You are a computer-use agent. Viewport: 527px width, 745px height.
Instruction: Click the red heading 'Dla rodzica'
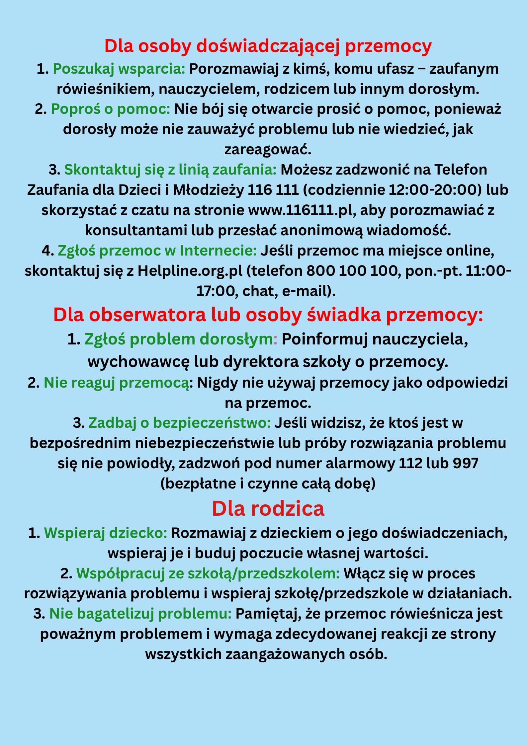[x=268, y=508]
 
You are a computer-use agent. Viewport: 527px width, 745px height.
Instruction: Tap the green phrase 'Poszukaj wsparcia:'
[x=119, y=69]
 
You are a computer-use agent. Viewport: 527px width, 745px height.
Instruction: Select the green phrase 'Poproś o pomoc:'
[x=110, y=109]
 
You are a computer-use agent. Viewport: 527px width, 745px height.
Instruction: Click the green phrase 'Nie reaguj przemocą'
[x=116, y=383]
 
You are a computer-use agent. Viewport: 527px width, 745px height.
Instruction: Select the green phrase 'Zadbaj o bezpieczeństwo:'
[x=180, y=423]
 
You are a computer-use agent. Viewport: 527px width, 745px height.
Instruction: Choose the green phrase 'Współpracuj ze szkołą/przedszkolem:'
[x=208, y=573]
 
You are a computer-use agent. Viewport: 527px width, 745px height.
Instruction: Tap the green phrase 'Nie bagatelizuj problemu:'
[x=140, y=614]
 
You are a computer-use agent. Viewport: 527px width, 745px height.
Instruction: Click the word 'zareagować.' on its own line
[x=268, y=149]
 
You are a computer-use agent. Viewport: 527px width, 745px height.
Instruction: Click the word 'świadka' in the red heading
[x=344, y=315]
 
